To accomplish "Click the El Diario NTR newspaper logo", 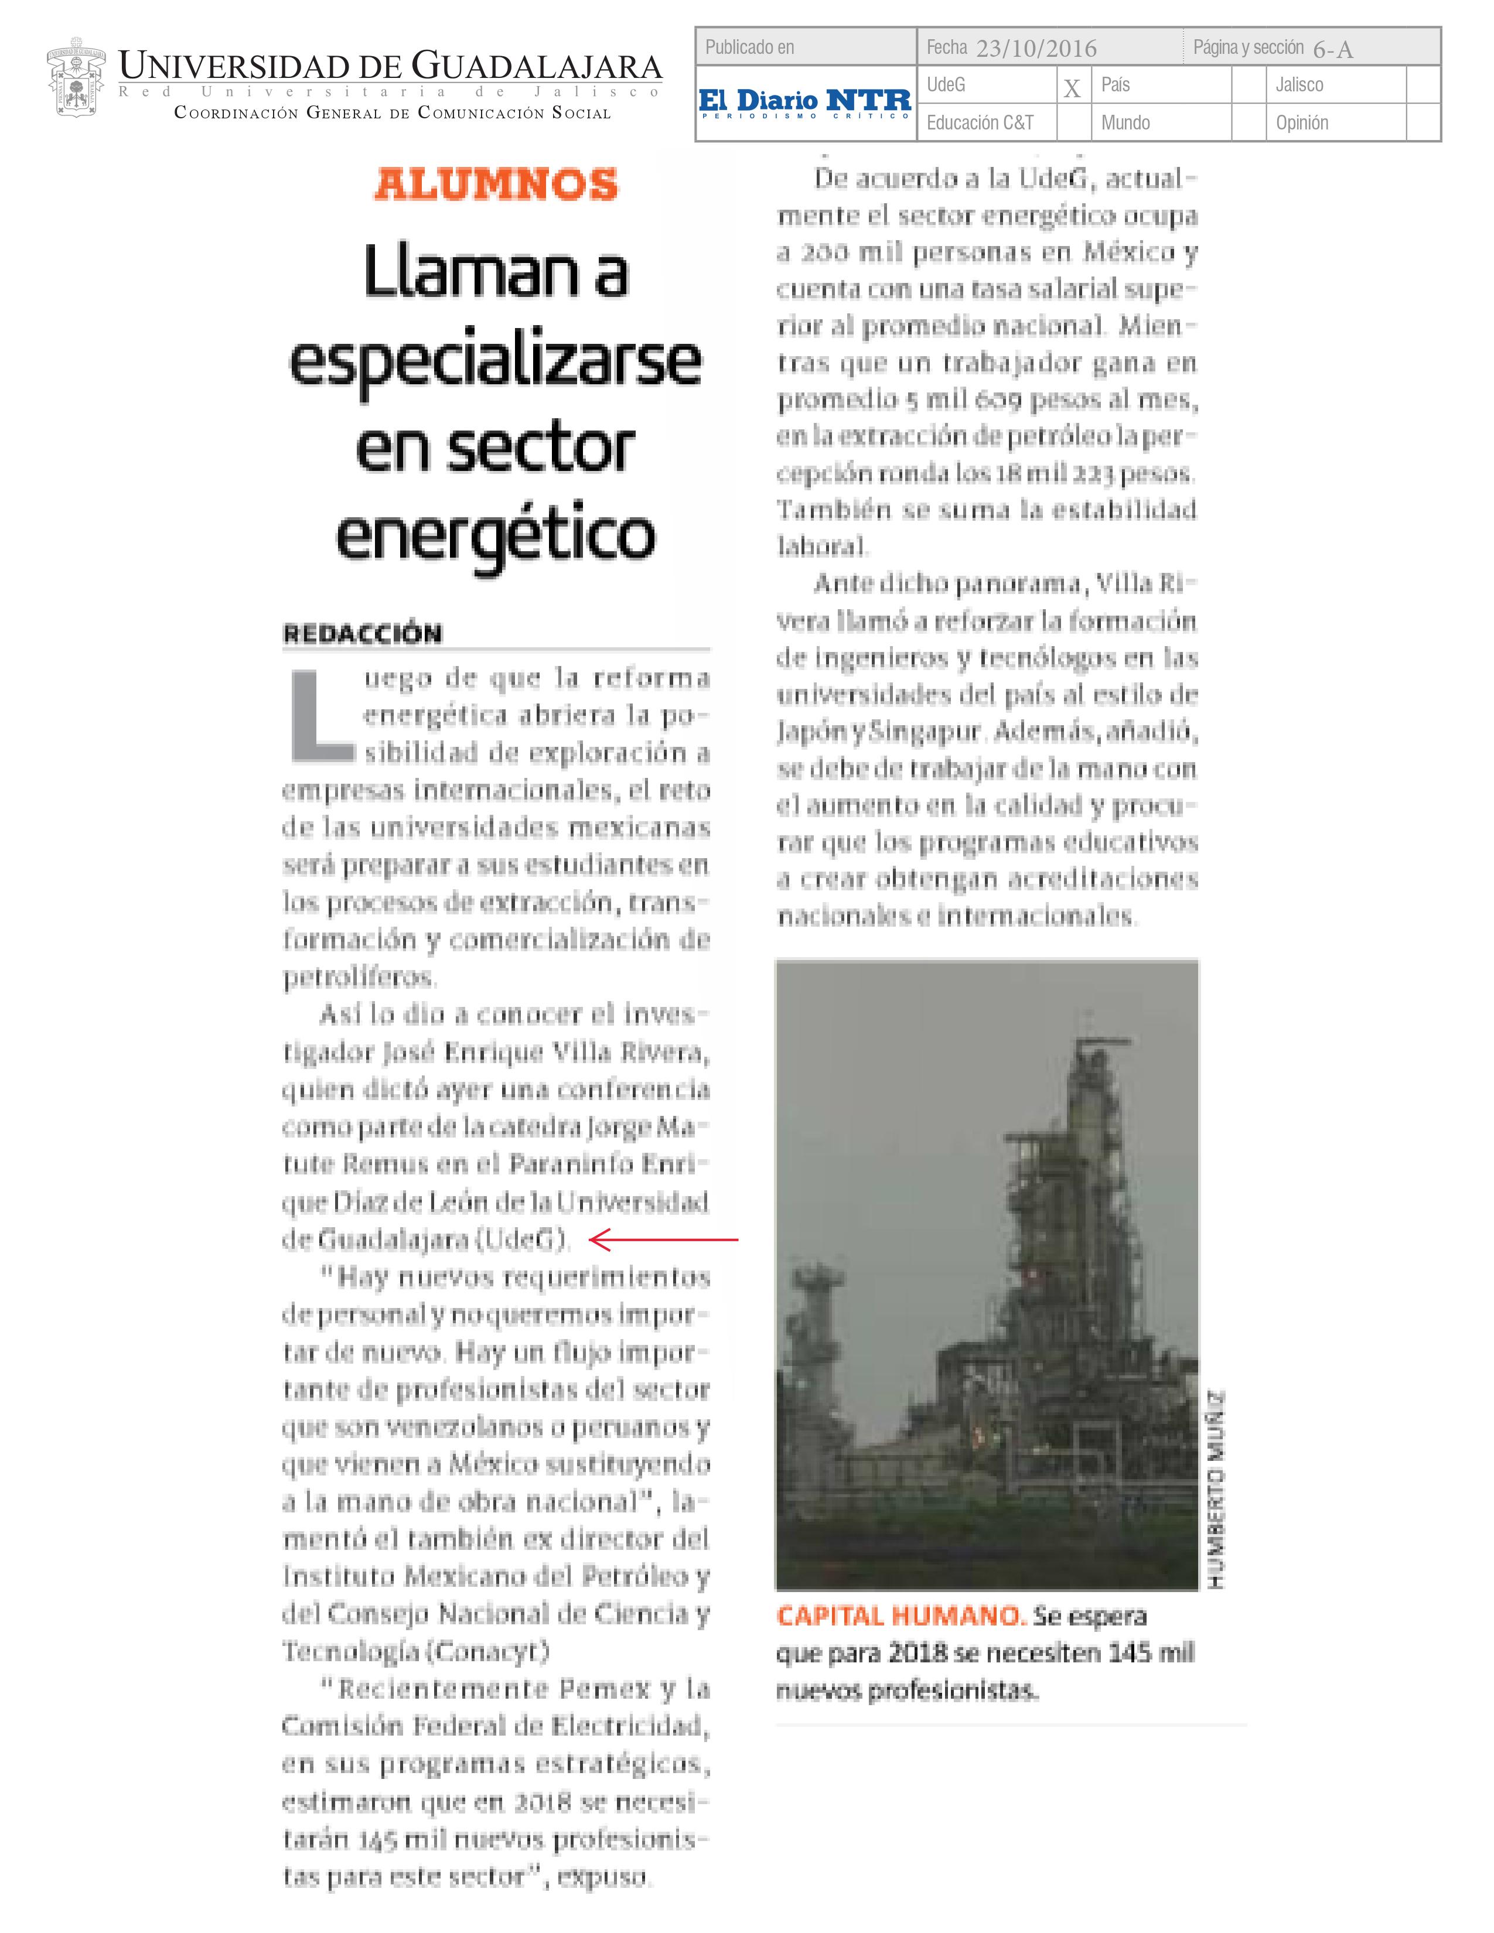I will (804, 103).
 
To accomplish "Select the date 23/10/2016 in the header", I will (1036, 49).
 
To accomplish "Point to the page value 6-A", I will (1333, 50).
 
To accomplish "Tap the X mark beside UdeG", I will (1072, 88).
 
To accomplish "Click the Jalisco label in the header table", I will (1299, 85).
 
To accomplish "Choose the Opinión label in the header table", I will (1302, 123).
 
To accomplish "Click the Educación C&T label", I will (980, 123).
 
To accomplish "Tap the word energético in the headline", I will (496, 535).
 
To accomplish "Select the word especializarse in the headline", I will (496, 363).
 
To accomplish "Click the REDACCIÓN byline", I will (362, 634).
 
